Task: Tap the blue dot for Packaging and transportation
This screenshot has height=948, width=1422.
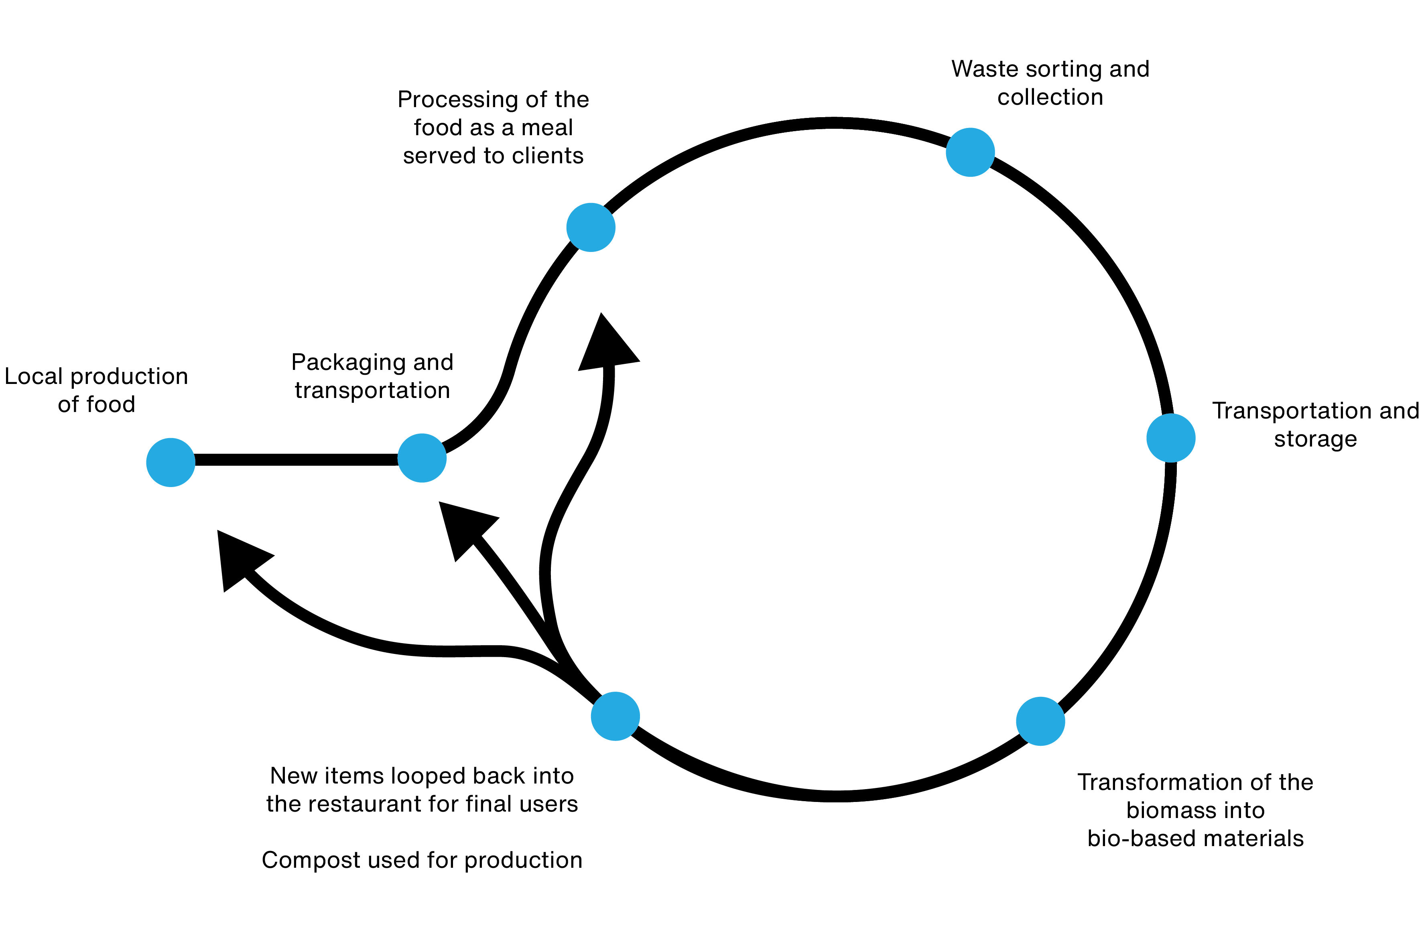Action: click(x=422, y=458)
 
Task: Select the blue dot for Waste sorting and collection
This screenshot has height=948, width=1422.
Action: click(x=970, y=152)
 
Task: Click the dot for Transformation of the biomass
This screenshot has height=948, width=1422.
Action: click(x=1040, y=721)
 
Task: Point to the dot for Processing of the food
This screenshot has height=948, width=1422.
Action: click(x=591, y=227)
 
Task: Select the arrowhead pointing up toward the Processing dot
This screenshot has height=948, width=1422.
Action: click(x=606, y=345)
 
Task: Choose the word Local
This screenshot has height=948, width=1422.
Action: click(x=33, y=376)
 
